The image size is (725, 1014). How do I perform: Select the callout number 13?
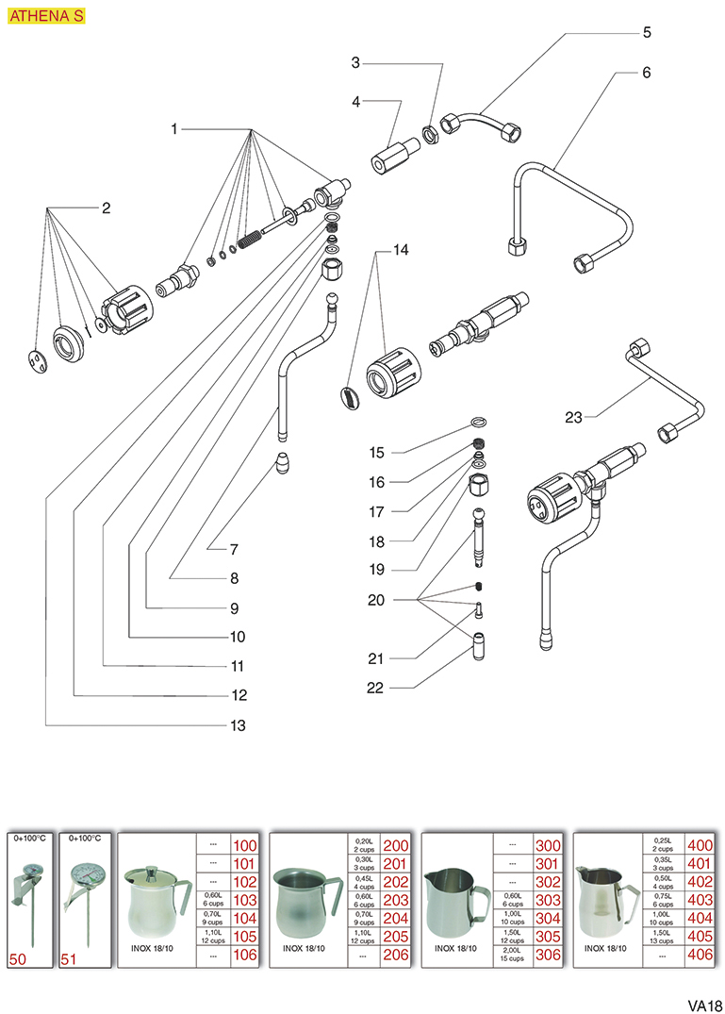(238, 725)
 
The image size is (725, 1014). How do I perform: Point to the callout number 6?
(646, 72)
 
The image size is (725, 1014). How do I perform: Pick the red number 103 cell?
(244, 901)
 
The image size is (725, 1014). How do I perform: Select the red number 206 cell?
(395, 956)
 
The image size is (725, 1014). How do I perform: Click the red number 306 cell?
(548, 956)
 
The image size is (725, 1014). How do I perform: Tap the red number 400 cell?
(700, 845)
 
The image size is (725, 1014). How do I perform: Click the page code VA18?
(703, 1004)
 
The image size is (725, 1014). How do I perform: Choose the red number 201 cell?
(395, 864)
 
